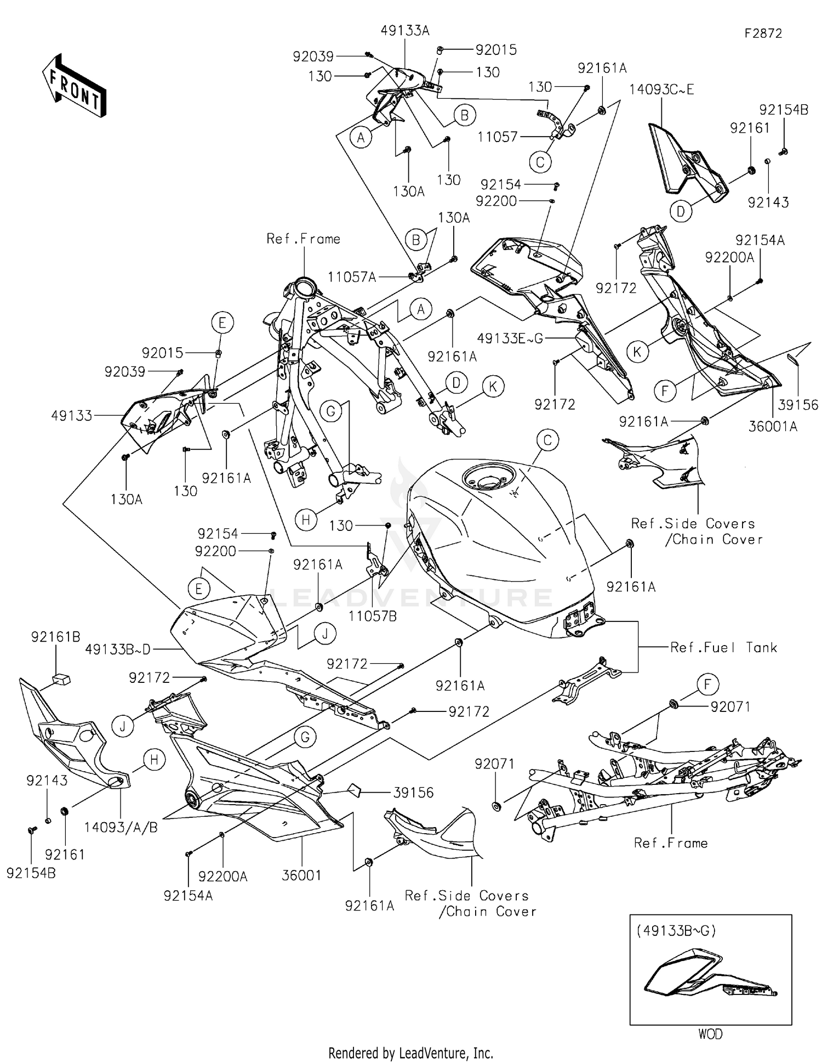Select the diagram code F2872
click(763, 33)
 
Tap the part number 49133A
click(405, 31)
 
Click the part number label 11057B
click(373, 616)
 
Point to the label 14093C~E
click(661, 89)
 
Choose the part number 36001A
click(773, 426)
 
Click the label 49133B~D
click(118, 650)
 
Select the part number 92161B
click(55, 637)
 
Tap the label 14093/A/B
click(121, 828)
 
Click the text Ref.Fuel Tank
click(723, 648)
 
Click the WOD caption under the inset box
click(710, 1034)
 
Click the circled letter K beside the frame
click(493, 387)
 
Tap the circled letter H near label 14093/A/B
click(154, 760)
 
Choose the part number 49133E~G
click(510, 339)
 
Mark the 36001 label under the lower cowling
click(301, 875)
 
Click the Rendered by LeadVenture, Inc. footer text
click(410, 1053)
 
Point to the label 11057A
click(352, 277)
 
